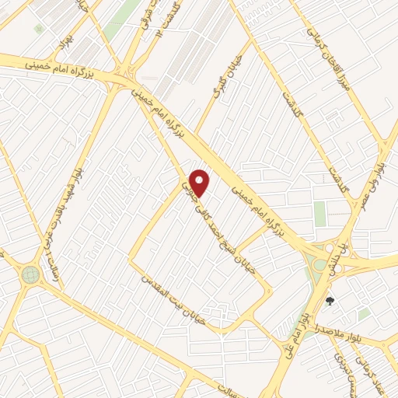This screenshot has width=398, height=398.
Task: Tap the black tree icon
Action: tap(330, 301)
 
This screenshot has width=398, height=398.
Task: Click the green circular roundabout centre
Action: tap(30, 274)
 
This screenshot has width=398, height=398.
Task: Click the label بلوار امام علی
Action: tap(302, 319)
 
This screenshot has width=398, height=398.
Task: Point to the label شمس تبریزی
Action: tap(340, 365)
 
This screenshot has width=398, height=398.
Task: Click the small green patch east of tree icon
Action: tap(364, 313)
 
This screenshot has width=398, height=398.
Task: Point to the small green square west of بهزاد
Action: tap(39, 30)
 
